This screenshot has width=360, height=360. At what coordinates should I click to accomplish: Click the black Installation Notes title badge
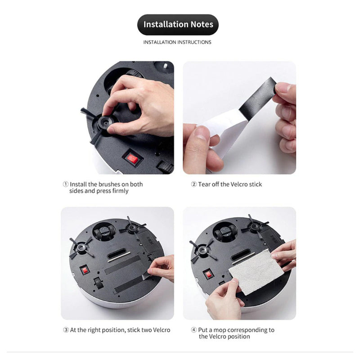(x=178, y=25)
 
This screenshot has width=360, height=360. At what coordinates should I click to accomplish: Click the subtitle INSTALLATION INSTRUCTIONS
(x=177, y=42)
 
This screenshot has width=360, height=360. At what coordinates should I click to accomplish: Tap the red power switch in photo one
(x=133, y=159)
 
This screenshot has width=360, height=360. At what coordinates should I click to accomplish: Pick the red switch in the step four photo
(x=208, y=274)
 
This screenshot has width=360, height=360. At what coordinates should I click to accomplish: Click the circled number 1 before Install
(x=66, y=184)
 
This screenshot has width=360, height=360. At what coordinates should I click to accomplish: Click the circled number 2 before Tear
(x=194, y=184)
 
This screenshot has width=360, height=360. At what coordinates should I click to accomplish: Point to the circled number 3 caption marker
(x=66, y=330)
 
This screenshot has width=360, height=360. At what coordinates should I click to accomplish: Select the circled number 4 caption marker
(x=194, y=330)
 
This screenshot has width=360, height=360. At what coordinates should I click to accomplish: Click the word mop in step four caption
(x=220, y=330)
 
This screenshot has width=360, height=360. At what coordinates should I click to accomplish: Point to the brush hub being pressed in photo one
(x=106, y=122)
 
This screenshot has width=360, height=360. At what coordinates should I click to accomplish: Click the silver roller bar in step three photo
(x=119, y=257)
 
